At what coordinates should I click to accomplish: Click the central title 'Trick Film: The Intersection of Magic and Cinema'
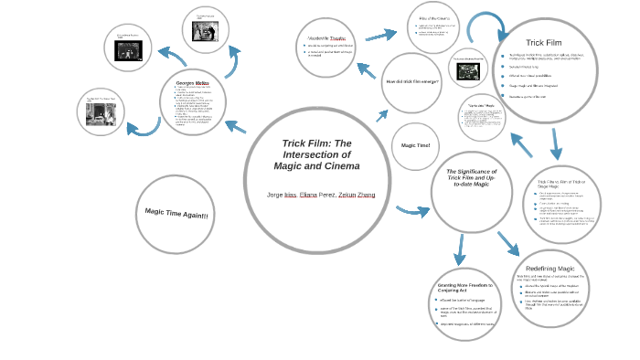click(x=316, y=154)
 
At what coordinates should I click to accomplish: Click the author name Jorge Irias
click(x=282, y=195)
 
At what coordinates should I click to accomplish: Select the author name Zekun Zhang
click(x=357, y=195)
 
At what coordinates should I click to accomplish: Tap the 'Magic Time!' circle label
click(x=415, y=145)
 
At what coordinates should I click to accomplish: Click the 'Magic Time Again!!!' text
click(x=176, y=214)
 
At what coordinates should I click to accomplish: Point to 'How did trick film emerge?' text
click(x=412, y=82)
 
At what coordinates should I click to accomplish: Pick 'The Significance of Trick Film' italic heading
click(x=471, y=177)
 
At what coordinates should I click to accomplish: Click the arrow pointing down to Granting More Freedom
click(x=459, y=248)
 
